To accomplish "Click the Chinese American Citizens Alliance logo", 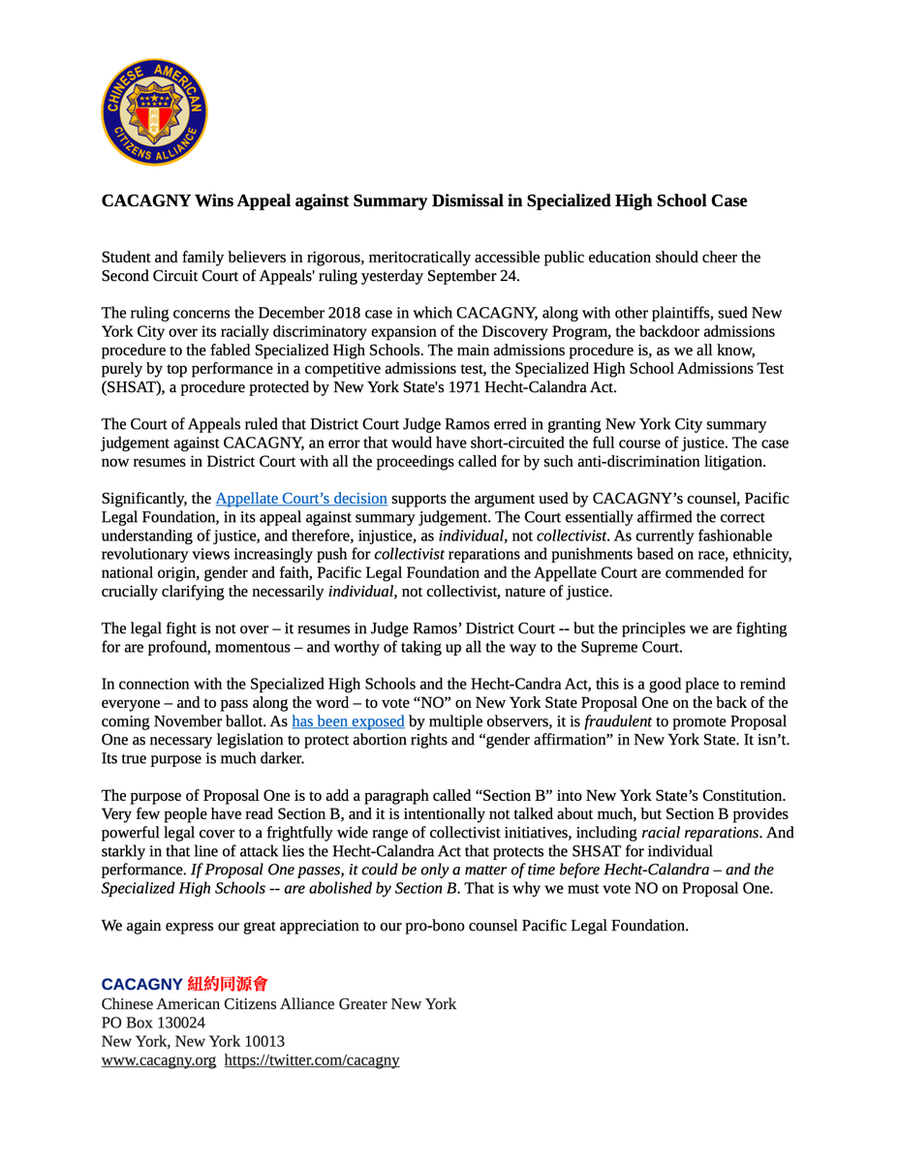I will click(154, 111).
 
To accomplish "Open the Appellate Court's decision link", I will click(301, 499).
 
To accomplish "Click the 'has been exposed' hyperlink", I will click(348, 721).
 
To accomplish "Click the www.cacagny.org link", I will click(159, 1060).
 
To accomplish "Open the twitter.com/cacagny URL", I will click(312, 1060).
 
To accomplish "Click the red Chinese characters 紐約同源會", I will click(227, 985).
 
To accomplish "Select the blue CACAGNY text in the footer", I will click(141, 985).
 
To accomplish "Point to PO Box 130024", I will click(153, 1023).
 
